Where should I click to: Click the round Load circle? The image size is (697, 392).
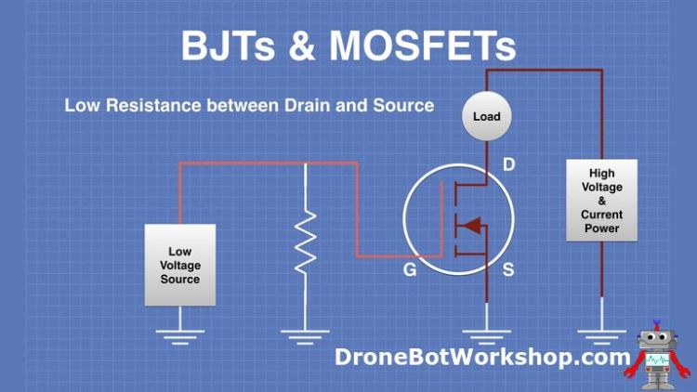[x=486, y=117]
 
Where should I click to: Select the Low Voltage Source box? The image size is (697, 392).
[x=180, y=265]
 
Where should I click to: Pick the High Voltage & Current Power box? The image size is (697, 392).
[x=602, y=201]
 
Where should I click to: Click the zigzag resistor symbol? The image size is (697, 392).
[x=305, y=242]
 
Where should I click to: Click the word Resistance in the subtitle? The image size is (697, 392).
[x=150, y=105]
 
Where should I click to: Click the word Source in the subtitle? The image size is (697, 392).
[x=401, y=105]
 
